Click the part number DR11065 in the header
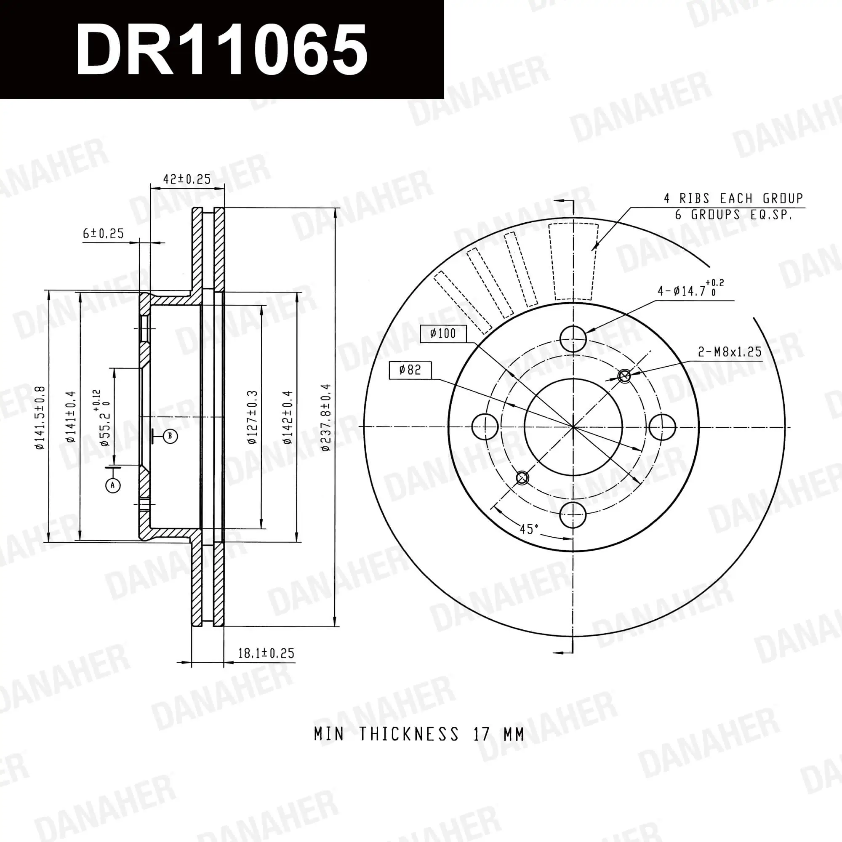221,50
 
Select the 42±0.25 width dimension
187,179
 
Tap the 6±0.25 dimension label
103,234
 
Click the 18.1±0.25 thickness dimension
266,653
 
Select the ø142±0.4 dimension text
287,418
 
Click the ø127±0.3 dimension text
252,418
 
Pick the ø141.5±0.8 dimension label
40,418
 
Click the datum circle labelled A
113,485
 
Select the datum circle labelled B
170,436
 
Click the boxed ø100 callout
443,334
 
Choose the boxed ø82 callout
410,370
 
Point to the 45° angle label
529,529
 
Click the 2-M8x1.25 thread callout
730,352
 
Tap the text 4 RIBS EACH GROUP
733,199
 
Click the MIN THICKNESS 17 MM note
418,734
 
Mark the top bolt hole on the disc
573,338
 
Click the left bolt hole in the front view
485,426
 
